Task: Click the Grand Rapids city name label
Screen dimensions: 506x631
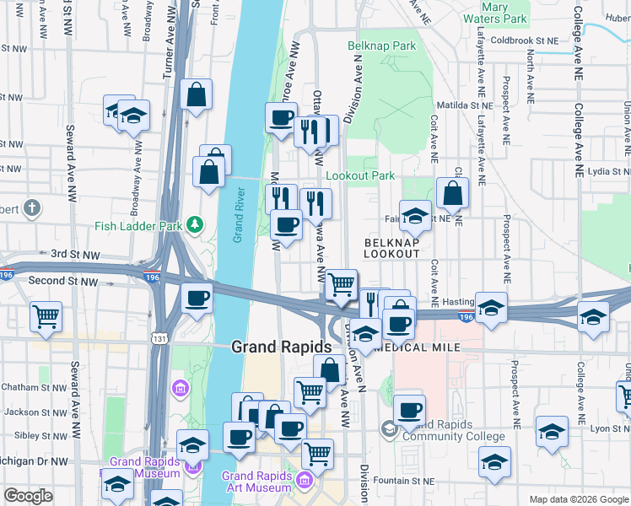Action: coord(281,347)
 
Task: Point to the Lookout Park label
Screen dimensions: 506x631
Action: coord(360,176)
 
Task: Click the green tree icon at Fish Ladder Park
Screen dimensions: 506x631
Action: coord(196,224)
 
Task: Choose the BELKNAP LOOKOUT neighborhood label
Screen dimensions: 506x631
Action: coord(391,248)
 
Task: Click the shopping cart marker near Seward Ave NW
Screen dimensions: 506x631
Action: coord(46,316)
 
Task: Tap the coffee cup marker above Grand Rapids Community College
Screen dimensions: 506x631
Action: coord(409,410)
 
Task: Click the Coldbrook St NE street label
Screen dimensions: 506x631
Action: coord(524,40)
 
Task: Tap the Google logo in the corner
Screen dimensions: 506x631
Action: coord(28,497)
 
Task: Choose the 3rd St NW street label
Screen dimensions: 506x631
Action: coord(75,254)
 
